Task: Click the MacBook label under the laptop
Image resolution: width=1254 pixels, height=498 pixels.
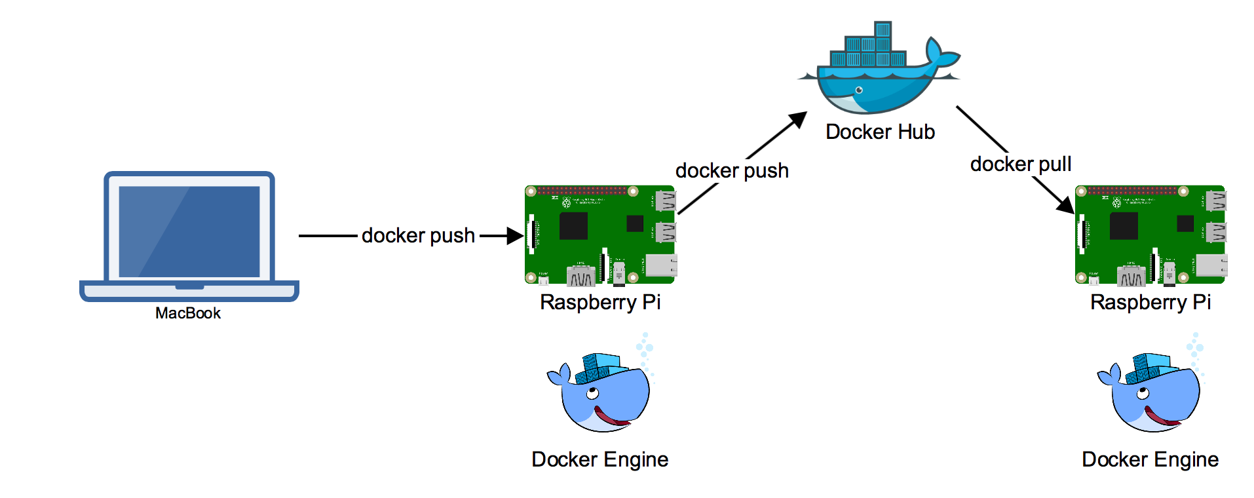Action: pyautogui.click(x=188, y=313)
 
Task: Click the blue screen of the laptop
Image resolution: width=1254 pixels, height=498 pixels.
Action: pyautogui.click(x=189, y=231)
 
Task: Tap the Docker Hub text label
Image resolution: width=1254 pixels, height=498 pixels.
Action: pyautogui.click(x=880, y=132)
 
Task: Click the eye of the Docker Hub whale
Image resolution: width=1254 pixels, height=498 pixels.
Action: pyautogui.click(x=859, y=90)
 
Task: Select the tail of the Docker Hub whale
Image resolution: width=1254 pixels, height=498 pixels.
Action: pyautogui.click(x=941, y=52)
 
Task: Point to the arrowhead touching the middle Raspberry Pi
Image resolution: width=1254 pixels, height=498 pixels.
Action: pyautogui.click(x=515, y=236)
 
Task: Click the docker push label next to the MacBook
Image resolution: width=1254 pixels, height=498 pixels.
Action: pyautogui.click(x=418, y=235)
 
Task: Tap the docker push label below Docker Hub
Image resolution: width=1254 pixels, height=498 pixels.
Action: pyautogui.click(x=732, y=170)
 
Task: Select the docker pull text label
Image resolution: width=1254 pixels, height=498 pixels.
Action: pyautogui.click(x=1021, y=164)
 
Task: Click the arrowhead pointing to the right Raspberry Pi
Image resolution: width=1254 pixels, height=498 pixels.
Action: pyautogui.click(x=1065, y=204)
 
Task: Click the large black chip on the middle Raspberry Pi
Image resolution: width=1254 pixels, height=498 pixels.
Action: pyautogui.click(x=573, y=226)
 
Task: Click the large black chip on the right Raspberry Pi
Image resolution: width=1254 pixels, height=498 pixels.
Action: pyautogui.click(x=1124, y=226)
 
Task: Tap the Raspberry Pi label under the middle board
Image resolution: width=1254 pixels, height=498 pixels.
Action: pyautogui.click(x=600, y=302)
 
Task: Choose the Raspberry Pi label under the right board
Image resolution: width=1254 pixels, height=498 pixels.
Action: pyautogui.click(x=1150, y=302)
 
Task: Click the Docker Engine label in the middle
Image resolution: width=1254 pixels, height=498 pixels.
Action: pyautogui.click(x=600, y=459)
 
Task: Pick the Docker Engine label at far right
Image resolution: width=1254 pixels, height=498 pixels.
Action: pyautogui.click(x=1150, y=459)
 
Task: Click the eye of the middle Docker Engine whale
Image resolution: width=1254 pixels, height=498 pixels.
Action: pyautogui.click(x=592, y=394)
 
